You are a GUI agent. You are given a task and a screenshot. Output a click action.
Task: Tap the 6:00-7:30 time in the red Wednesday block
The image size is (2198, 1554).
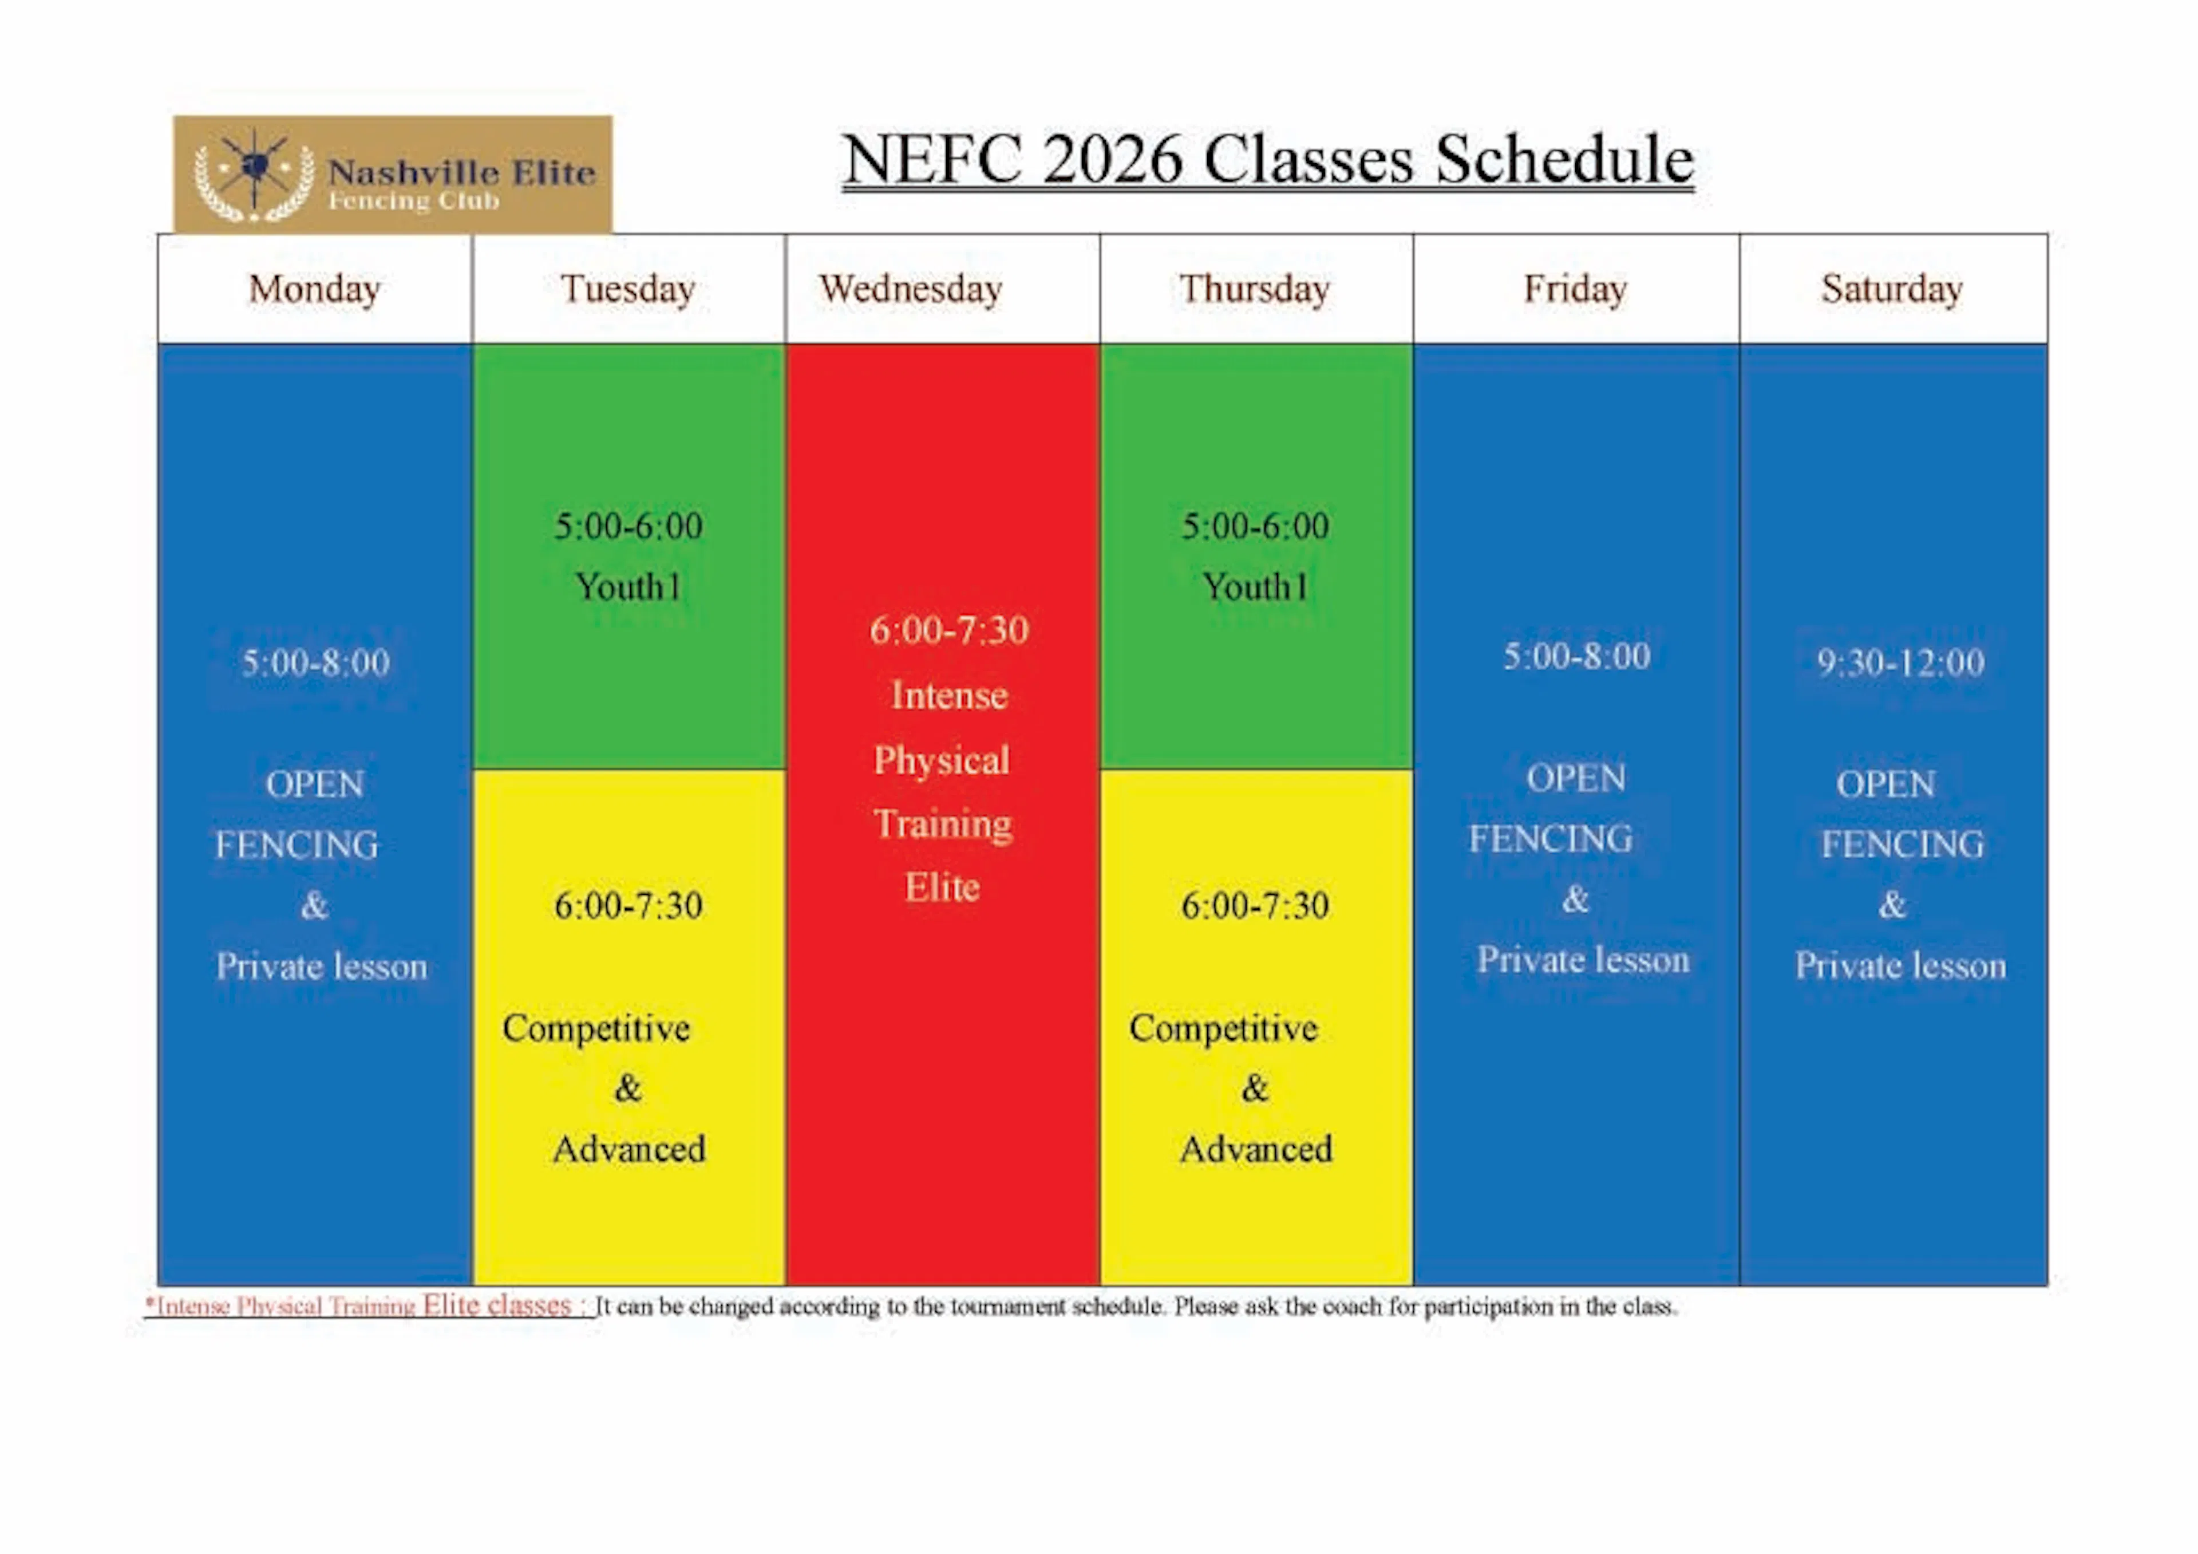pos(948,630)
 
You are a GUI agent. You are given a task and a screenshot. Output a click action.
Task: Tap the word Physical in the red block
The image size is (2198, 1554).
pos(942,760)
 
